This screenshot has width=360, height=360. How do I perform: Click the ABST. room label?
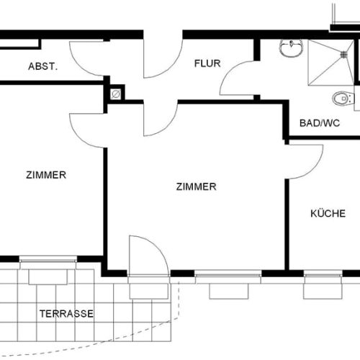click(x=42, y=66)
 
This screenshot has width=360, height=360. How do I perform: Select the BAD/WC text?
click(x=320, y=122)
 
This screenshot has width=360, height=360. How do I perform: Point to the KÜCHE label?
click(x=328, y=213)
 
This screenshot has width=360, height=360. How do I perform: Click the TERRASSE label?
click(x=66, y=314)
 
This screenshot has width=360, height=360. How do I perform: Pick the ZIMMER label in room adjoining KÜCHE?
click(x=196, y=186)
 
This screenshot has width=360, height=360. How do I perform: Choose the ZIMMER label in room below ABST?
click(x=46, y=175)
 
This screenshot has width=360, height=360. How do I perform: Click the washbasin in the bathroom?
click(x=291, y=49)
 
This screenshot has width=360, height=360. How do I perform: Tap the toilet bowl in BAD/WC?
click(x=341, y=98)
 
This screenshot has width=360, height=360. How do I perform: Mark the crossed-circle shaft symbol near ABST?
click(x=115, y=94)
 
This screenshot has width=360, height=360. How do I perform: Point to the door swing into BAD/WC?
click(x=238, y=79)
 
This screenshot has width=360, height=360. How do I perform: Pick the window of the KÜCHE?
click(x=322, y=284)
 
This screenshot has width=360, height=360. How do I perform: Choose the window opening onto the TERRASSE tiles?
click(x=48, y=271)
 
